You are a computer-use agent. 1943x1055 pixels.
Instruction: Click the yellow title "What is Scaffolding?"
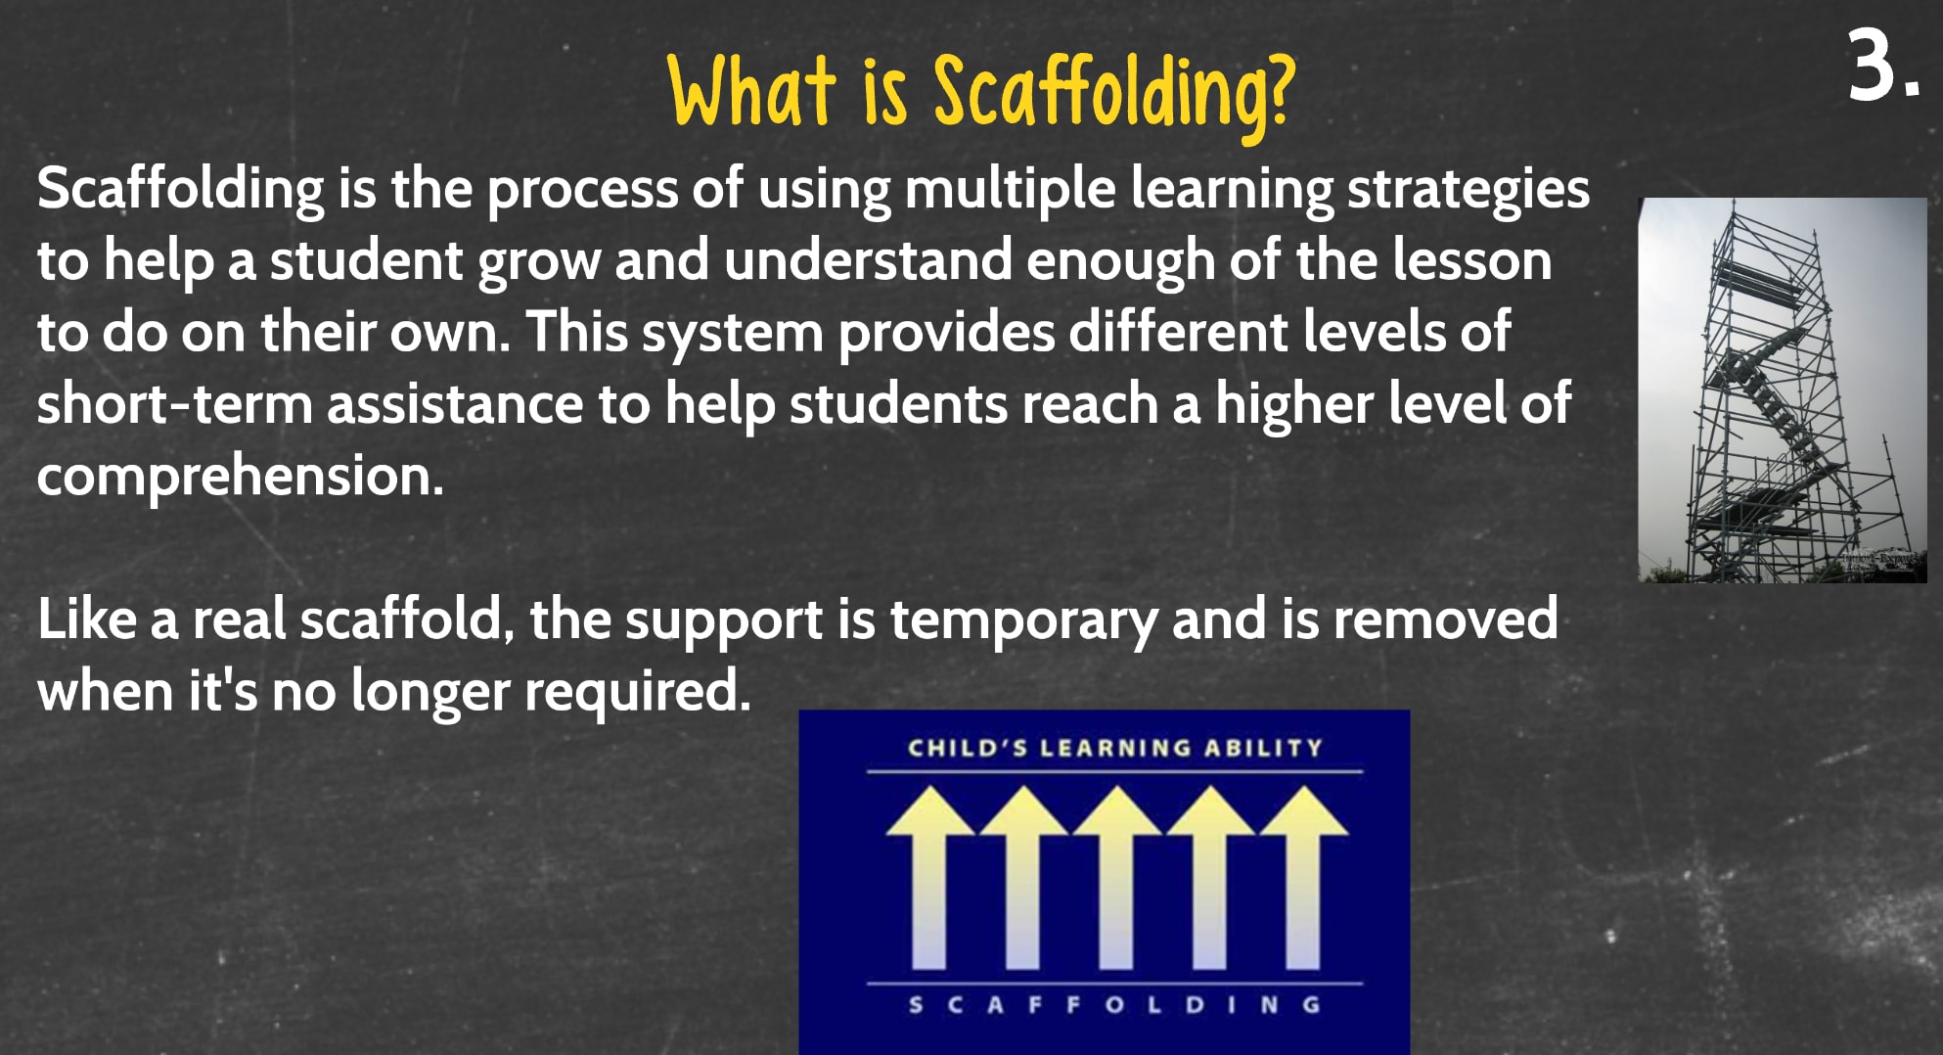tap(981, 91)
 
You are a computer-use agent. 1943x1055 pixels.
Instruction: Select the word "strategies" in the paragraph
tap(1468, 190)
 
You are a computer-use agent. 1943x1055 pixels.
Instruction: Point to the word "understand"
tap(868, 260)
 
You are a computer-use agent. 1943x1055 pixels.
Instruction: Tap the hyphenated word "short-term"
tap(174, 403)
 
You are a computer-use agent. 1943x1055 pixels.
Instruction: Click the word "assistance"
tap(455, 404)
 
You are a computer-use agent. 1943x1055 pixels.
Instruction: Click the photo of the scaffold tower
tap(1783, 390)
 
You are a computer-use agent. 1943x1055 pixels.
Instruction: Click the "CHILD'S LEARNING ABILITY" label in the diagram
tap(1115, 749)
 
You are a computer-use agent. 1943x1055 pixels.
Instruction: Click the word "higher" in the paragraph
tap(1294, 405)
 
